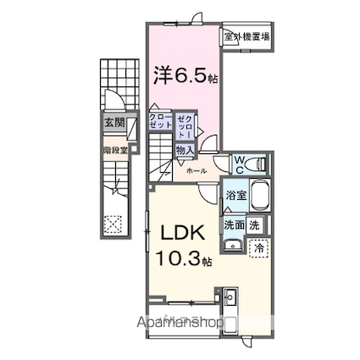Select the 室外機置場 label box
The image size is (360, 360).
[247, 36]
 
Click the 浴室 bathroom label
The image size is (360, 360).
[236, 194]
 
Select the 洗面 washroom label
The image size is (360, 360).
[235, 224]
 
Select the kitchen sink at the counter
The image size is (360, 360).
[231, 298]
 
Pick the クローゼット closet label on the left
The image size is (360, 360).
[160, 122]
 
